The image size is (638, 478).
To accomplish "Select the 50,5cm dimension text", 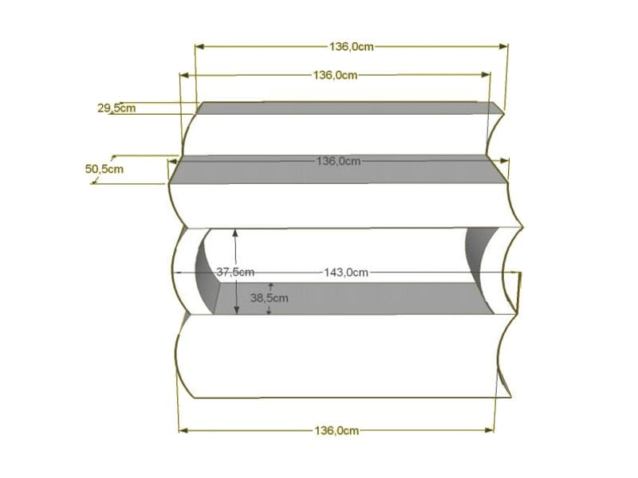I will [x=104, y=168].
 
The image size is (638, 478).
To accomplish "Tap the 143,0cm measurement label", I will [x=346, y=272].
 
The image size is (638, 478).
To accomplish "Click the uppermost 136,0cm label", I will [x=351, y=46].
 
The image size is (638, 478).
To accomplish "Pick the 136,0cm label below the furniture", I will [x=337, y=430].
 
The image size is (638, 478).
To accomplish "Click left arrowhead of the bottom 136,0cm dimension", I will [x=183, y=430].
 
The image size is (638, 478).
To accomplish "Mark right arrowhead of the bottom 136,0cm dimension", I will [x=490, y=430].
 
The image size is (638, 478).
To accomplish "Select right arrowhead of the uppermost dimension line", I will [x=504, y=46].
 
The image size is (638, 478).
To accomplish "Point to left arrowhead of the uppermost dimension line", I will [x=199, y=46].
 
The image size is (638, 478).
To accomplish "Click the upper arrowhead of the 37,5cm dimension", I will [x=235, y=233].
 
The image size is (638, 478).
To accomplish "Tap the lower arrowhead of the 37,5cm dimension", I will [x=235, y=311].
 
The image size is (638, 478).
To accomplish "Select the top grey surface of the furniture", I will [x=351, y=108].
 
